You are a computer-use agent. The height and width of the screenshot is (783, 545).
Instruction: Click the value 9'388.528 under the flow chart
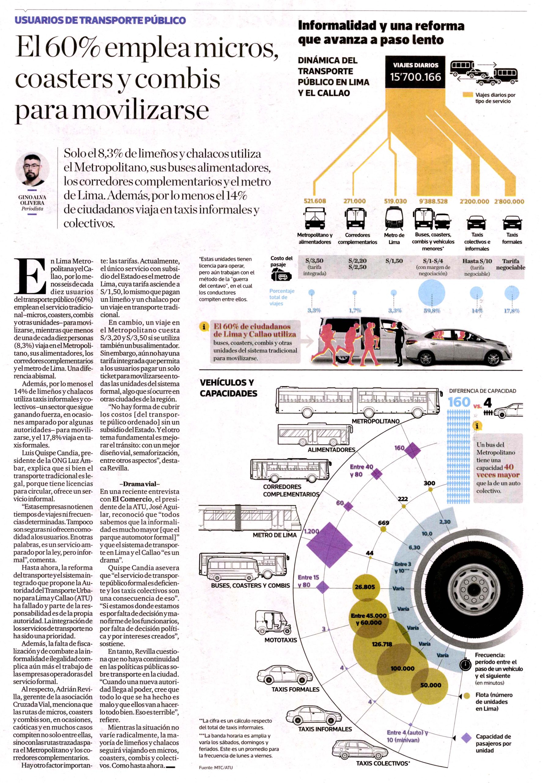tap(433, 201)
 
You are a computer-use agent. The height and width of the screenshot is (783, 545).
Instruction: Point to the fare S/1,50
tap(394, 261)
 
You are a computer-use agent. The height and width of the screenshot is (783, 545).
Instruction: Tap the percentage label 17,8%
tap(512, 311)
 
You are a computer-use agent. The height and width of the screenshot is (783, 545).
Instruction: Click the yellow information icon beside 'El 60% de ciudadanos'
tap(204, 327)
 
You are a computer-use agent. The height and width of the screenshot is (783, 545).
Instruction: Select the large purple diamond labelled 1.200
tap(329, 545)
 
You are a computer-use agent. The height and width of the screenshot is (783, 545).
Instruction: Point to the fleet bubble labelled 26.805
tap(365, 587)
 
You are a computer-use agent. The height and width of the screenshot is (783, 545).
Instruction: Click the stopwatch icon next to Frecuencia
tap(465, 665)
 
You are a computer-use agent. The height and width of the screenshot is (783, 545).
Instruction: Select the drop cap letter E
tap(30, 276)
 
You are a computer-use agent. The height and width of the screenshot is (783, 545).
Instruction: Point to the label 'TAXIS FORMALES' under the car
tap(295, 689)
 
